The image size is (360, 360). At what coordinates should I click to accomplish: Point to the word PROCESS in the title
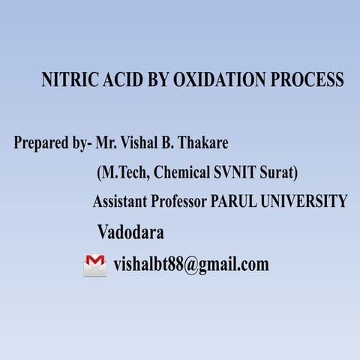310,81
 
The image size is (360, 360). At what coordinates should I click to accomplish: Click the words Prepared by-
49,142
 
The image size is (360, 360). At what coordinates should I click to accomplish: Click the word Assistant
121,202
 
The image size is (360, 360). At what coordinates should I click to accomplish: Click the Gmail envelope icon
95,265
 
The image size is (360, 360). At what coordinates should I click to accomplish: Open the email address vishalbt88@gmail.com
191,265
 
